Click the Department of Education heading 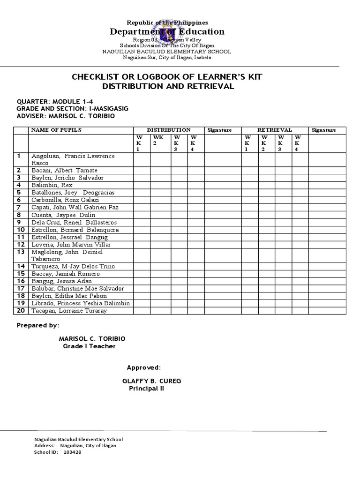point(167,32)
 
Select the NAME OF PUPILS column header point(56,130)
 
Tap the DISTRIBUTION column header point(168,130)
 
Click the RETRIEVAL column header point(275,130)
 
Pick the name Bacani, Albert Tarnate point(64,170)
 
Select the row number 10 point(21,230)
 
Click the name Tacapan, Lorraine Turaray point(69,311)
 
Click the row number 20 point(21,311)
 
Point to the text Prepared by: point(38,325)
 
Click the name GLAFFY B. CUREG point(151,381)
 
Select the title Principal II point(147,389)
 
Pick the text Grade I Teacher point(89,346)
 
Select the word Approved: point(144,367)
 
